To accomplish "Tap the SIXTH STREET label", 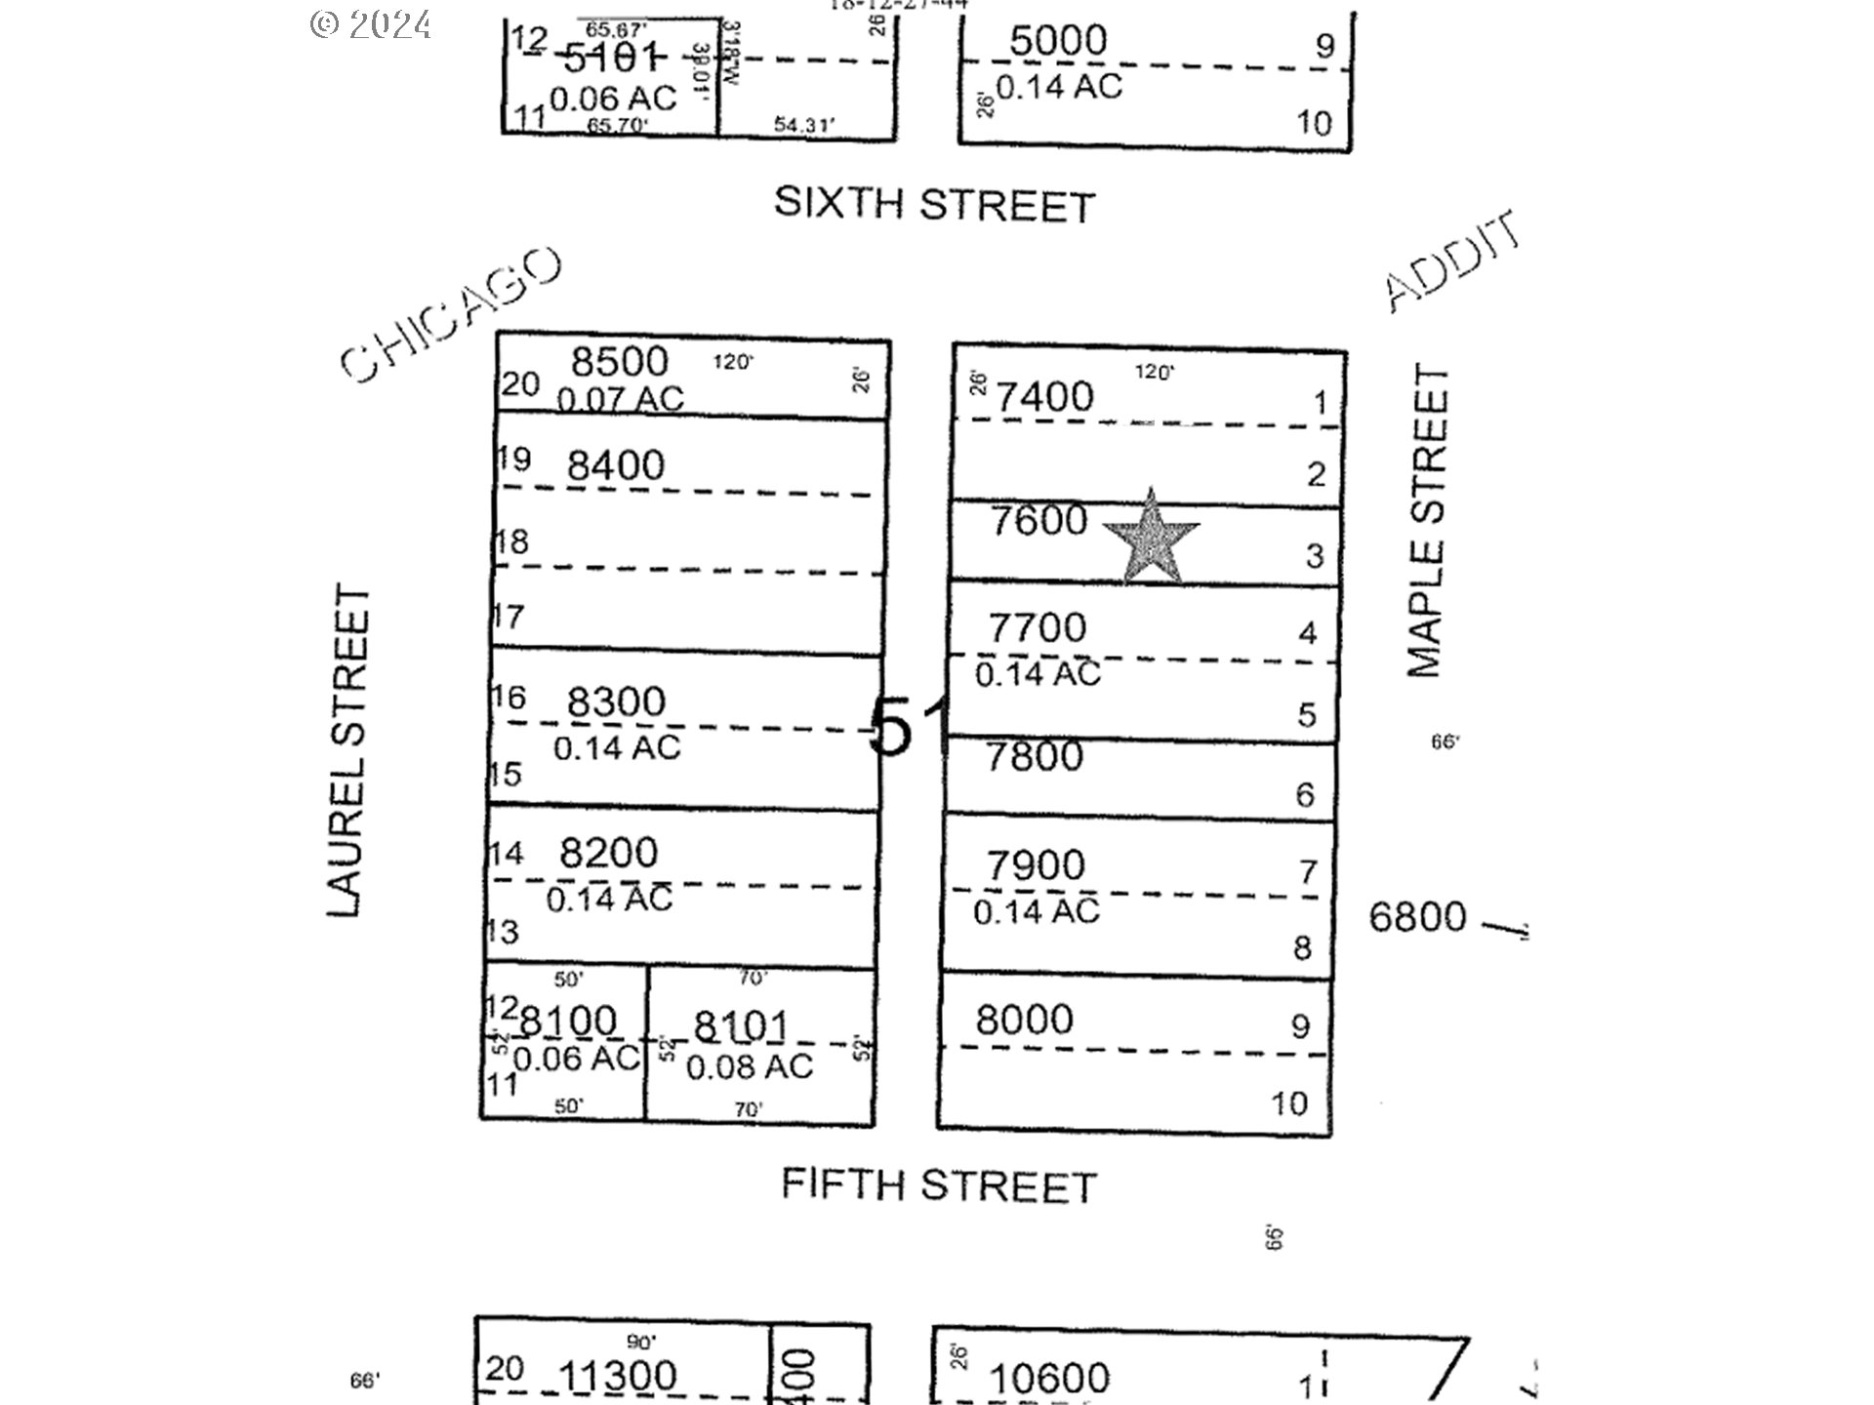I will click(x=934, y=204).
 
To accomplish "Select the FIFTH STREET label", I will click(x=939, y=1185).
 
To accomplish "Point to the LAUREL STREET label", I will click(x=348, y=750).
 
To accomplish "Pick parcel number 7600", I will click(x=1039, y=520).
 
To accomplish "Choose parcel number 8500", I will click(x=620, y=361).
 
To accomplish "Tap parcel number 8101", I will click(x=740, y=1026).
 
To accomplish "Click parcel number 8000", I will click(x=1024, y=1020).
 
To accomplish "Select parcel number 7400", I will click(x=1045, y=396).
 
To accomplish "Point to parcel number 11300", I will click(x=617, y=1377).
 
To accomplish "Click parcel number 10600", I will click(x=1049, y=1379).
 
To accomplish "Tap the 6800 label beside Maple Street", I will click(x=1417, y=917).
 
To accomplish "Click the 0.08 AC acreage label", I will click(x=749, y=1066).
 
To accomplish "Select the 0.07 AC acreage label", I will click(x=620, y=399).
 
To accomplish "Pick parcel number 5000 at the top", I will click(x=1058, y=41).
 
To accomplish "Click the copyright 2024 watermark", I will click(x=371, y=23).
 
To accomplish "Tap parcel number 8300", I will click(x=616, y=702).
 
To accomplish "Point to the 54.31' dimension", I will click(x=803, y=125).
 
